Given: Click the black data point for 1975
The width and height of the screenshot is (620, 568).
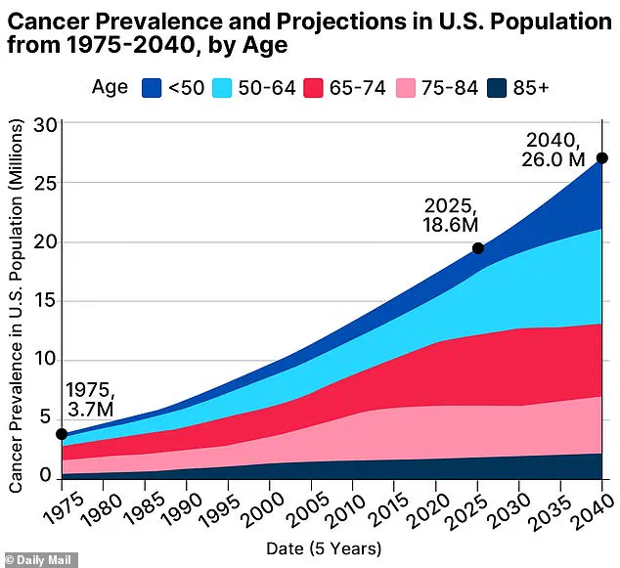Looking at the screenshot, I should coord(62,434).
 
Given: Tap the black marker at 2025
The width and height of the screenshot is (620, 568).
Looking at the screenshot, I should coord(478,248).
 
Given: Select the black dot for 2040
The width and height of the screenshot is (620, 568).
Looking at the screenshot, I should coord(602,158).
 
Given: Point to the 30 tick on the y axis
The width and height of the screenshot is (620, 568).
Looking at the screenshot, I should coord(44,124).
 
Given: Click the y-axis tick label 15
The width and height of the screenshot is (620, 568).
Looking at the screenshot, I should coord(44,301).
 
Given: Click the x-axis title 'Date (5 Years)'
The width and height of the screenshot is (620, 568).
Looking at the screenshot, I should coord(324,548).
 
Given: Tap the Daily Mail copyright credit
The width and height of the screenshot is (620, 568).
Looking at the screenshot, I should coord(36,559).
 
